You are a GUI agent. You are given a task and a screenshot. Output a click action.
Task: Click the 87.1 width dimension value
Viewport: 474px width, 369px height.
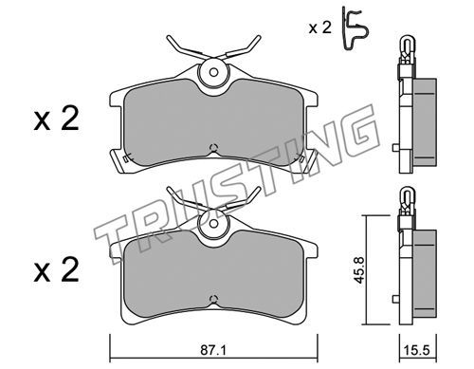pos(213,350)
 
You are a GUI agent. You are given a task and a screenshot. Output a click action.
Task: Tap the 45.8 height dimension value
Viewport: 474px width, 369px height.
pos(359,269)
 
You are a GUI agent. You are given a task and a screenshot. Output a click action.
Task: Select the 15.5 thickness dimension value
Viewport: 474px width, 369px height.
pos(417,350)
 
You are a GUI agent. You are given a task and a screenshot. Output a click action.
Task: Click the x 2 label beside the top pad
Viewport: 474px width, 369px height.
pos(56,120)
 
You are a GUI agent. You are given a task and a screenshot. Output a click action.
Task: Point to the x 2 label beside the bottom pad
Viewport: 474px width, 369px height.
pos(56,269)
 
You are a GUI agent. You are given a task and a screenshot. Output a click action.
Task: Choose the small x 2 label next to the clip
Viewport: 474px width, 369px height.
pos(320,28)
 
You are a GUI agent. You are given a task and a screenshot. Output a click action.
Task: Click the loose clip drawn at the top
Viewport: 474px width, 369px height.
pos(355,28)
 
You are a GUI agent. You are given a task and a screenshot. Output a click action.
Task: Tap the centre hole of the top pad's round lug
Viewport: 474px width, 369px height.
pos(213,72)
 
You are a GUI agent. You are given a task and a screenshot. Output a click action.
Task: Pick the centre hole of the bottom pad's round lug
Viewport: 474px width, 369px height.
pos(213,223)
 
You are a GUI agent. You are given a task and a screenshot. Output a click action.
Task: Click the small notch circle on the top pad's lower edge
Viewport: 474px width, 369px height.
pos(213,147)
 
